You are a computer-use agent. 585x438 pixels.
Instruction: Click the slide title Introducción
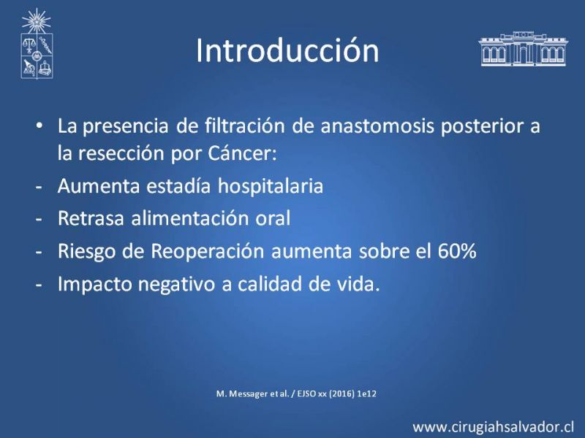coord(287,50)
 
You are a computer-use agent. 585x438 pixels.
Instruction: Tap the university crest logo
coord(37,44)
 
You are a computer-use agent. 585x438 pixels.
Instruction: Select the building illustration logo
coord(523,49)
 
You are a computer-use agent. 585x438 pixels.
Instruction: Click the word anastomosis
coord(377,126)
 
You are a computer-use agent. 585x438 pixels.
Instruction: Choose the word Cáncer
coord(243,153)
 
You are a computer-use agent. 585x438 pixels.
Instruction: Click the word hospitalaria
coord(271,186)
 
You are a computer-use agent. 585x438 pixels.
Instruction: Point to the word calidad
coord(270,284)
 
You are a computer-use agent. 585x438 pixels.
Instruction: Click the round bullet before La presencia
coord(39,126)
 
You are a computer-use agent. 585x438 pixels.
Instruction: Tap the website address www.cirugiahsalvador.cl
coord(493,427)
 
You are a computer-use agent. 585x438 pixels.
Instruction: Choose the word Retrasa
coord(91,218)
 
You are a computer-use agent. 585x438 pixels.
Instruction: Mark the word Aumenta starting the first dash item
coord(99,186)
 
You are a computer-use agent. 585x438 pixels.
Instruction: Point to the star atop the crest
coord(36,21)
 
